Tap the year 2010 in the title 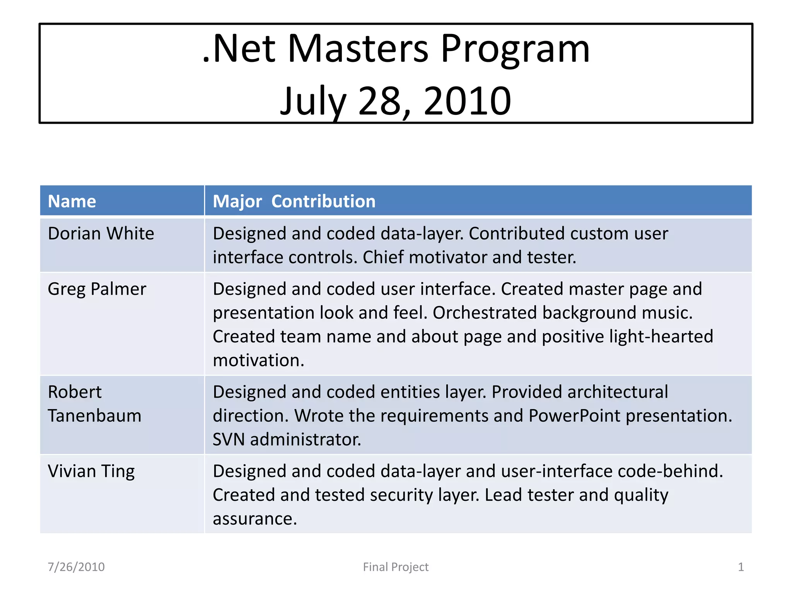[468, 101]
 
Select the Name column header [72, 201]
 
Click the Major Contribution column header [294, 201]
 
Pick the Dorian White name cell [101, 234]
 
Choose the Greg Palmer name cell [97, 289]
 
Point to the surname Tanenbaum [95, 416]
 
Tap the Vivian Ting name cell [91, 471]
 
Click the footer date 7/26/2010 [76, 567]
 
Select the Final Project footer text [396, 567]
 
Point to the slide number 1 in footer [741, 567]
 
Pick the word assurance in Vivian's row [255, 519]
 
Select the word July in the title [313, 101]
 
